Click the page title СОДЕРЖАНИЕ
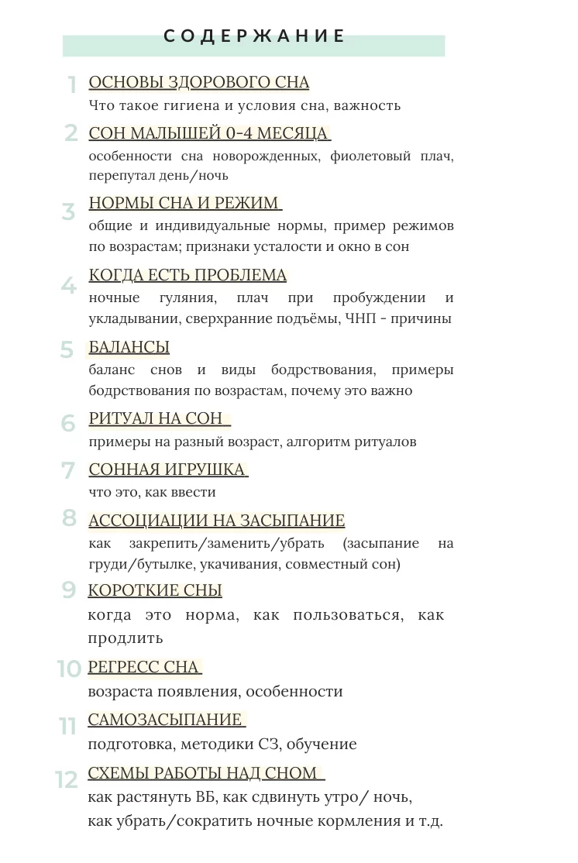pyautogui.click(x=254, y=36)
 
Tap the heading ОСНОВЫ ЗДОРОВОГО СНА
pyautogui.click(x=199, y=83)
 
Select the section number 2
pyautogui.click(x=71, y=133)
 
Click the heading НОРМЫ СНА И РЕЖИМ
pyautogui.click(x=184, y=203)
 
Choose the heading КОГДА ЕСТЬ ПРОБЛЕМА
pyautogui.click(x=188, y=275)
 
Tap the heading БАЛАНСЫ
pyautogui.click(x=129, y=347)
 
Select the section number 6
pyautogui.click(x=69, y=424)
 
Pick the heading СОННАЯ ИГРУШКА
pyautogui.click(x=167, y=469)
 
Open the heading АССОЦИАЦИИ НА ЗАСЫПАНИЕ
pyautogui.click(x=217, y=521)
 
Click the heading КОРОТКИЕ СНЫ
pyautogui.click(x=155, y=590)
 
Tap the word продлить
pyautogui.click(x=126, y=638)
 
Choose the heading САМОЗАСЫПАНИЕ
pyautogui.click(x=165, y=720)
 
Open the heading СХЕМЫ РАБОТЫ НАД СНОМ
pyautogui.click(x=203, y=772)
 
